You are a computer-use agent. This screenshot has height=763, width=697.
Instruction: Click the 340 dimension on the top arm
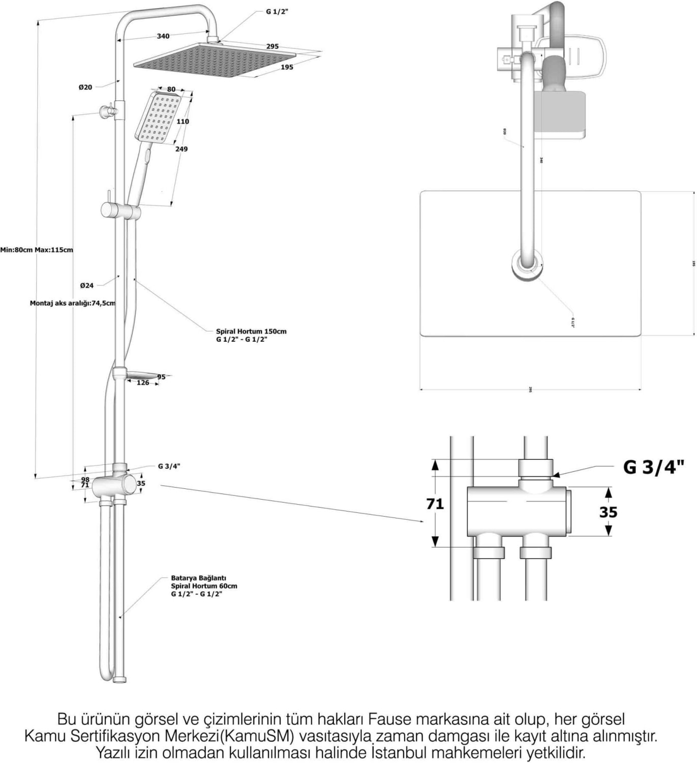(163, 36)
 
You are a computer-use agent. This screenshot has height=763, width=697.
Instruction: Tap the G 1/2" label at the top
(277, 12)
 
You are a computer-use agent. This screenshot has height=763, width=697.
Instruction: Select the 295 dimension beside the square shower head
(272, 46)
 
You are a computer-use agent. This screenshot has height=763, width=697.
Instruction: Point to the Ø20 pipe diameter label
(85, 87)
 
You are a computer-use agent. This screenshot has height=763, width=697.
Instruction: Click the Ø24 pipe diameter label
(87, 285)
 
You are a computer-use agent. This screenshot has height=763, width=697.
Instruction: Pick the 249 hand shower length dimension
(181, 149)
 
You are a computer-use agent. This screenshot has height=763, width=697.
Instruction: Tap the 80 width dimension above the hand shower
(171, 90)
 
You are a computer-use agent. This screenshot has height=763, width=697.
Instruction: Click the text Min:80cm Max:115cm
(37, 250)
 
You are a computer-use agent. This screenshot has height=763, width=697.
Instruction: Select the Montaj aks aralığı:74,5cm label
(72, 303)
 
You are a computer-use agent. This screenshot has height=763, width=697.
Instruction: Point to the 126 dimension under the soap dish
(143, 383)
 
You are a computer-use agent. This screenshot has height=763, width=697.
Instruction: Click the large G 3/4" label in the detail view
(654, 467)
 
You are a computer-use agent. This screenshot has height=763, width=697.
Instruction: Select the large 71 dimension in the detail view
(435, 504)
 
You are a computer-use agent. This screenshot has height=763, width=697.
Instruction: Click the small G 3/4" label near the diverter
(169, 466)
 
